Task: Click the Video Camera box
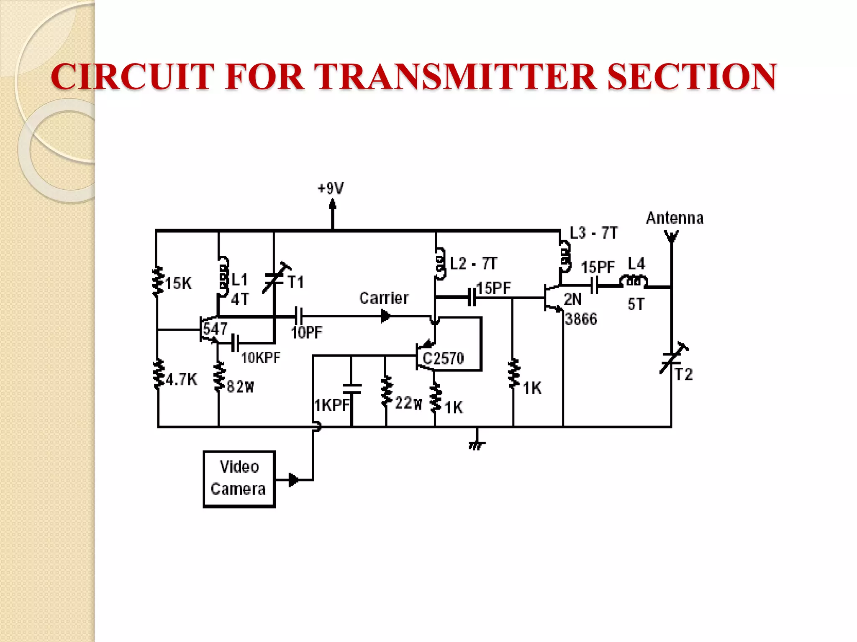tap(239, 479)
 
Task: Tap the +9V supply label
tap(331, 189)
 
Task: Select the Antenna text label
tap(675, 218)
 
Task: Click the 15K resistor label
tap(178, 283)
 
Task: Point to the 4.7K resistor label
tap(181, 380)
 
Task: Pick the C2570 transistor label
tap(443, 358)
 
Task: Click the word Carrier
tap(384, 298)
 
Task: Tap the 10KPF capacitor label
tap(261, 358)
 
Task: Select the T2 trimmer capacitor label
tap(684, 374)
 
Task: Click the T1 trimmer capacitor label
tap(296, 282)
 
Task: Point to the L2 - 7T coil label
tap(473, 264)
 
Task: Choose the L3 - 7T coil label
tap(593, 233)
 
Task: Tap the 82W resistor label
tap(240, 387)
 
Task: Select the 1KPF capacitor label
tap(332, 405)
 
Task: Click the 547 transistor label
tap(215, 329)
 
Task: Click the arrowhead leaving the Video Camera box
tap(294, 480)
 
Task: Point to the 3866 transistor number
tap(581, 319)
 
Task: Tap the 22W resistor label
tap(408, 403)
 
